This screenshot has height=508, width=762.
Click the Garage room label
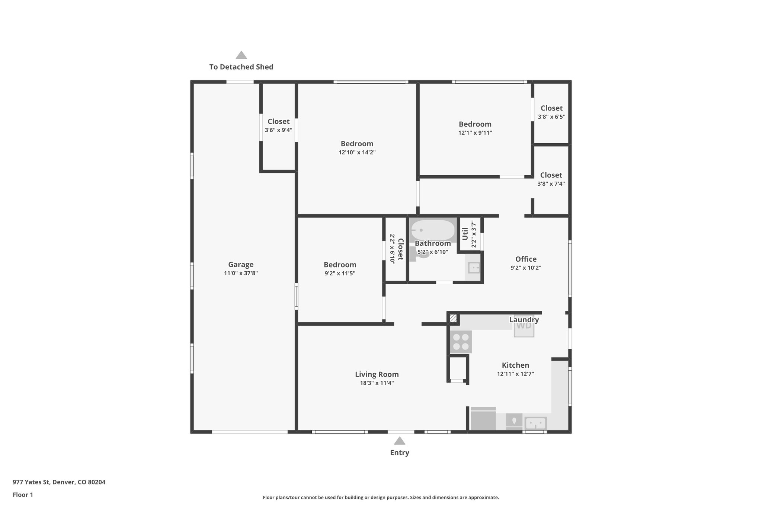[x=241, y=265]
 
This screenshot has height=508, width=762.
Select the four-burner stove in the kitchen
[x=461, y=342]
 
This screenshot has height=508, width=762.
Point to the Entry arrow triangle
[x=399, y=441]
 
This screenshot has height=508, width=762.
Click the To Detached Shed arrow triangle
[x=241, y=55]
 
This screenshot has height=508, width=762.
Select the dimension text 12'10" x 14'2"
[x=357, y=152]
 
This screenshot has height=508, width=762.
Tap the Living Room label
[x=377, y=374]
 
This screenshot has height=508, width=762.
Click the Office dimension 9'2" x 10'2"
[x=526, y=268]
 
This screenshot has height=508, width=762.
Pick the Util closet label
[x=465, y=234]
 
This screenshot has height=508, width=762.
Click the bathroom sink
[x=474, y=267]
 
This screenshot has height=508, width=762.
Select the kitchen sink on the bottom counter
[x=535, y=423]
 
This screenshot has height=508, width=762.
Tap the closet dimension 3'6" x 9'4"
[x=278, y=130]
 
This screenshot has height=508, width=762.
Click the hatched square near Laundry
[x=453, y=319]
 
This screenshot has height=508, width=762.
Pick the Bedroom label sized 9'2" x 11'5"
[x=340, y=265]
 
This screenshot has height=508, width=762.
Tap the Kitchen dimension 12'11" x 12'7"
[x=515, y=374]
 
